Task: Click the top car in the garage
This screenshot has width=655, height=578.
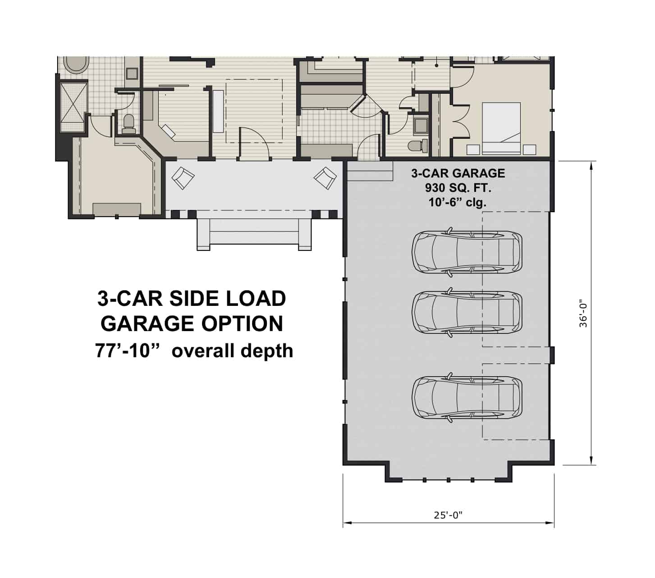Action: click(467, 251)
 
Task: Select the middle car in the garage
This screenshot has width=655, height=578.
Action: click(467, 312)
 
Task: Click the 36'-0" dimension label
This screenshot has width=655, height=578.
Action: click(583, 313)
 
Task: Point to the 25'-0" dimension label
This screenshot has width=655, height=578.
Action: click(448, 515)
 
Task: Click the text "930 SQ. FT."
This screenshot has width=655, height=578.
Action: click(458, 187)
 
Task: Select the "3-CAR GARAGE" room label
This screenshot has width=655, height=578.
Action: click(458, 173)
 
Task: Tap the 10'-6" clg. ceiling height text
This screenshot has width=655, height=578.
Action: click(458, 202)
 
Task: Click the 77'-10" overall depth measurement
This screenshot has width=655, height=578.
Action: click(194, 350)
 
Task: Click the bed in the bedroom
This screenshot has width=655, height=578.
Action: click(501, 122)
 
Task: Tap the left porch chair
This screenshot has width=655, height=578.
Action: click(183, 177)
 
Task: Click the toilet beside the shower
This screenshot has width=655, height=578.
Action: click(128, 124)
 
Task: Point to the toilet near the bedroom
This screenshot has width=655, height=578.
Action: click(416, 146)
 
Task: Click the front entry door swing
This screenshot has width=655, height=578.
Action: click(253, 142)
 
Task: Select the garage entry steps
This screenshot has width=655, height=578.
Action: click(368, 172)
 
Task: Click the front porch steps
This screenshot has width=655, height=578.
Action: click(254, 233)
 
